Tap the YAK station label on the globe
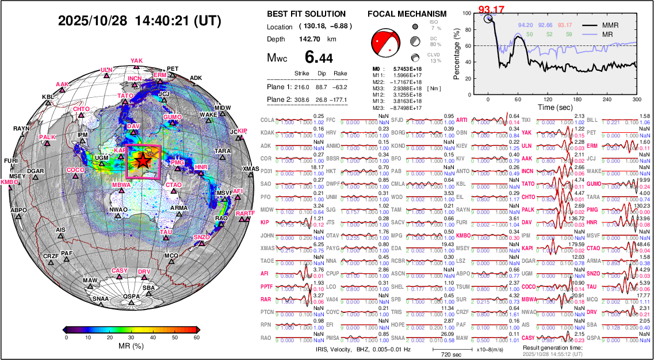pos(136,61)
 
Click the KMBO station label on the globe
pos(10,182)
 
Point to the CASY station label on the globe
pos(119,271)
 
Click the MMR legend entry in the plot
pos(610,25)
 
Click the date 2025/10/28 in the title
pos(93,21)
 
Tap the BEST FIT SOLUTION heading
pos(307,14)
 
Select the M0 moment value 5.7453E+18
pos(404,68)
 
